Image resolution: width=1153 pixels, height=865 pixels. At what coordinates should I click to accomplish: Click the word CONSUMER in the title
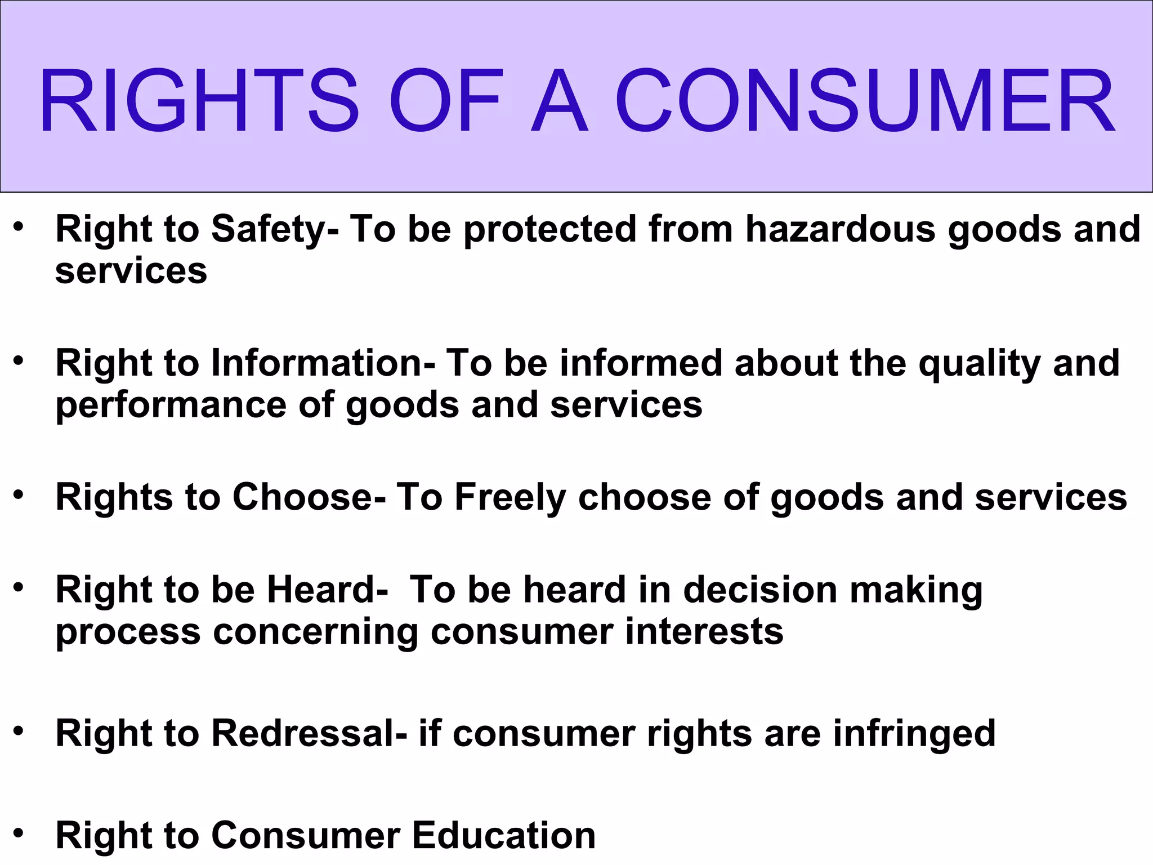tap(865, 101)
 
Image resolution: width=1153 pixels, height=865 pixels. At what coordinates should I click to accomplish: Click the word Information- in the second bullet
tap(323, 363)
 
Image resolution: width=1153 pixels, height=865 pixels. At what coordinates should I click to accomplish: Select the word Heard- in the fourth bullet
tap(327, 590)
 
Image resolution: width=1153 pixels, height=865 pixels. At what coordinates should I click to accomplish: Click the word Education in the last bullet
tap(504, 835)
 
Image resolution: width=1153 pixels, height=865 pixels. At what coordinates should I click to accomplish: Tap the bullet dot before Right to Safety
tap(19, 227)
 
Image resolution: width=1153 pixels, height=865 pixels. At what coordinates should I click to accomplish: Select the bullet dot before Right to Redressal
tap(19, 731)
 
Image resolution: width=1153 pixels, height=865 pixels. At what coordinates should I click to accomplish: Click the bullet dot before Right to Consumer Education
tap(19, 832)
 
